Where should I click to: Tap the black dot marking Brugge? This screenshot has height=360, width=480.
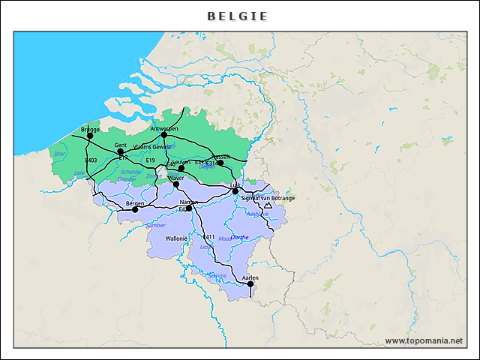(x=90, y=136)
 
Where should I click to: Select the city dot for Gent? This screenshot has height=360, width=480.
(x=120, y=151)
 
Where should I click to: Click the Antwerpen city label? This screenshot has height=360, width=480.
(x=164, y=128)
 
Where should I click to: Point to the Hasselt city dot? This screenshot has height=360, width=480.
(x=220, y=163)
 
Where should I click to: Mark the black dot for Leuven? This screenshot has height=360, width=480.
(x=181, y=169)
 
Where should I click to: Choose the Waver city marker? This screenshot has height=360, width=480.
(x=175, y=184)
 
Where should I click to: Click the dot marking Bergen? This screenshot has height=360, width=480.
(x=135, y=209)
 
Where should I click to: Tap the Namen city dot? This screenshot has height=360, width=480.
(x=189, y=208)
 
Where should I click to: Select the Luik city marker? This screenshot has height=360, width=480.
(x=235, y=191)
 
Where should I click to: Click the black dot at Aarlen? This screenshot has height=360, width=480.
(x=250, y=284)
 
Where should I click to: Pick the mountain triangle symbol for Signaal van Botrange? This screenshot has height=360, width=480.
(x=268, y=205)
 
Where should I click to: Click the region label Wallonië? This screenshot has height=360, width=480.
(x=175, y=238)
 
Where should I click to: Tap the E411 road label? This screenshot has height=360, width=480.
(x=209, y=237)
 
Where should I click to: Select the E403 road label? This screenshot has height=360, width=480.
(x=91, y=160)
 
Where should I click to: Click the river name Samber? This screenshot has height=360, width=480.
(x=156, y=225)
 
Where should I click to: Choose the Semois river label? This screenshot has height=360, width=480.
(x=217, y=275)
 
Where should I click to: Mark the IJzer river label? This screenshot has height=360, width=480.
(x=60, y=154)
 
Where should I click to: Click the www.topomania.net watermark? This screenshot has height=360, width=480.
(x=424, y=340)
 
